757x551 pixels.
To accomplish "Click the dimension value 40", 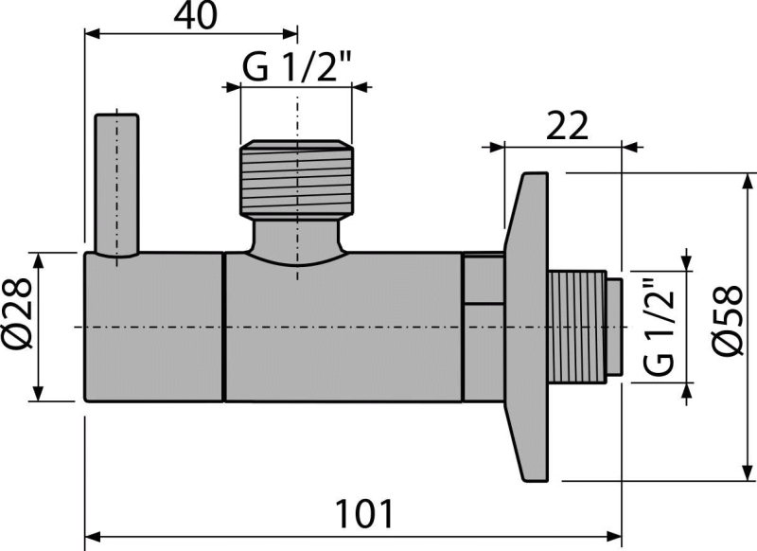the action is pos(196,16).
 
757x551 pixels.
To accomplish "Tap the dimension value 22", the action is pos(567,126).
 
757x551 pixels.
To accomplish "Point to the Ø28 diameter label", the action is pos(18,314).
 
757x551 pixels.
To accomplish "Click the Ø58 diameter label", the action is pos(728,321).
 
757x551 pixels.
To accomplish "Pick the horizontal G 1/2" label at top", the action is pos(296,66).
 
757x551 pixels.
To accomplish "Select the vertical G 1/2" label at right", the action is pos(658,328).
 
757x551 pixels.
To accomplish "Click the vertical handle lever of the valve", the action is pos(116,186).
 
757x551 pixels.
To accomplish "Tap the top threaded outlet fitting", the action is pos(297,178).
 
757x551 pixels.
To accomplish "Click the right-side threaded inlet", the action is pos(577,327).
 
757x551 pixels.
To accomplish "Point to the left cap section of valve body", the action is pos(154,327).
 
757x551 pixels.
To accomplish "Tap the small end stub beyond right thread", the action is pos(613,327).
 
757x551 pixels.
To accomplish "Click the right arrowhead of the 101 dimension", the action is pos(613,536).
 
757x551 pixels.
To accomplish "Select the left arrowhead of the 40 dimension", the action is pos(93,34).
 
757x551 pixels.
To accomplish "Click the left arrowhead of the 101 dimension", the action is pos(93,536).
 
